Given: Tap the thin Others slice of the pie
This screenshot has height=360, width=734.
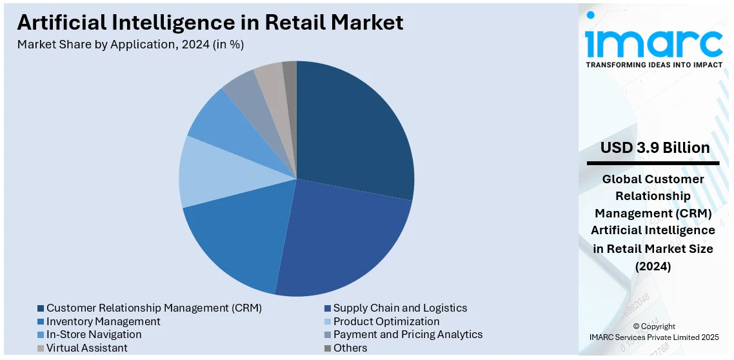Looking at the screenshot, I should [x=290, y=74].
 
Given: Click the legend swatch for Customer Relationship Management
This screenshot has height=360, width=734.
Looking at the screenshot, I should [x=41, y=308].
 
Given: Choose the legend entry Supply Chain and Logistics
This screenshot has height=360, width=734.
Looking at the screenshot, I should [x=400, y=308].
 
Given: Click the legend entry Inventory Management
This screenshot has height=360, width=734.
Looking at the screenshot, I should [x=103, y=321].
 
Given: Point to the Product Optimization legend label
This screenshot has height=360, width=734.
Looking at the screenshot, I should [x=386, y=321].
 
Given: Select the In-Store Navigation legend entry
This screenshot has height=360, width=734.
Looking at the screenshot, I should [x=94, y=334].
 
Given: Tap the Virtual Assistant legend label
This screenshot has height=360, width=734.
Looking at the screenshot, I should [x=86, y=348].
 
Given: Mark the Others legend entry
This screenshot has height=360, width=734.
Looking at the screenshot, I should [x=350, y=348].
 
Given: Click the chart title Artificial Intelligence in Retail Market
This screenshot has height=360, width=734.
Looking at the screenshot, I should [x=210, y=23].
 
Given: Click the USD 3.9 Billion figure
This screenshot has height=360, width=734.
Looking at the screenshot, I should [x=655, y=148].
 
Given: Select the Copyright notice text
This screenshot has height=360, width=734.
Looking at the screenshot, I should [x=654, y=332].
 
